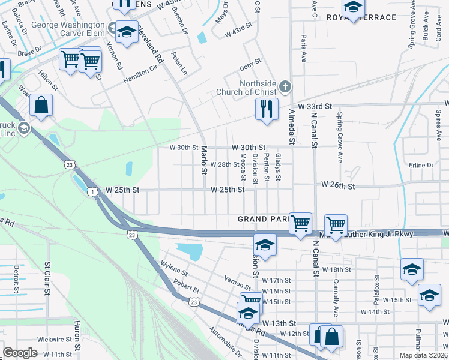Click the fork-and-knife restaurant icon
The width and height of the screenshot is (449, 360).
click(x=266, y=110)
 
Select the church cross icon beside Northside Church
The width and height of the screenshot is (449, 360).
click(x=285, y=88)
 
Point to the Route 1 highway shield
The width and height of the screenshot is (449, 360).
click(x=92, y=191)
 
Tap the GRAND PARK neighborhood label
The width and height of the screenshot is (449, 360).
click(x=263, y=219)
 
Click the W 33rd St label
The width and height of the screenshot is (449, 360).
click(x=315, y=106)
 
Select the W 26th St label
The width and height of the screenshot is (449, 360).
click(x=339, y=186)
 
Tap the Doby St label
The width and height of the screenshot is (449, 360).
click(x=250, y=61)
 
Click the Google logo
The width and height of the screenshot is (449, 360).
click(x=20, y=353)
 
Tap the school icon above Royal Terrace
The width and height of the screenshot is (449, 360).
click(x=353, y=8)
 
